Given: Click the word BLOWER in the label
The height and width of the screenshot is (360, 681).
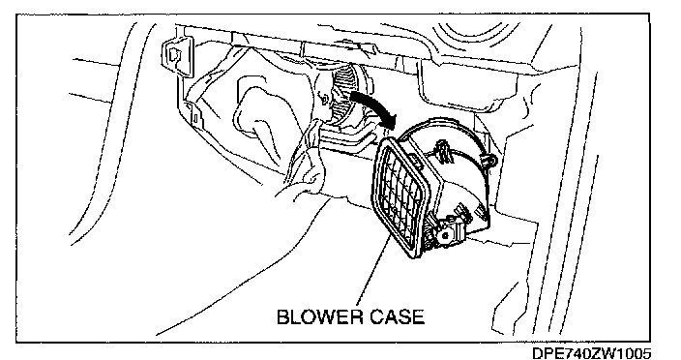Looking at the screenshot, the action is [x=319, y=317].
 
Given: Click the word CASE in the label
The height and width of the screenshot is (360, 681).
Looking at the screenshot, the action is [x=397, y=317].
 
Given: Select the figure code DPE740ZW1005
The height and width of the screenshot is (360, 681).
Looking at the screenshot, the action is [x=592, y=353].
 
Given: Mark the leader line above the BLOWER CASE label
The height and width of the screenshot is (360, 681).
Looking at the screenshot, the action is [x=372, y=270].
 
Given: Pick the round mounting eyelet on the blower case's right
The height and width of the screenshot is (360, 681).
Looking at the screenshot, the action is [x=491, y=162].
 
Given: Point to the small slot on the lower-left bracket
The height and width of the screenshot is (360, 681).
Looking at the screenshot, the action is [x=195, y=118].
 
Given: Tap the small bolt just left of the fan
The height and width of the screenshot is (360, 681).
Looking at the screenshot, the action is [x=324, y=99].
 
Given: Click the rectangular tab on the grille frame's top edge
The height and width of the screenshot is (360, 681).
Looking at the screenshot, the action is [x=416, y=163].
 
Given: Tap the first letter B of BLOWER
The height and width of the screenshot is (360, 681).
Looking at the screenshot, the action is [x=282, y=317].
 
